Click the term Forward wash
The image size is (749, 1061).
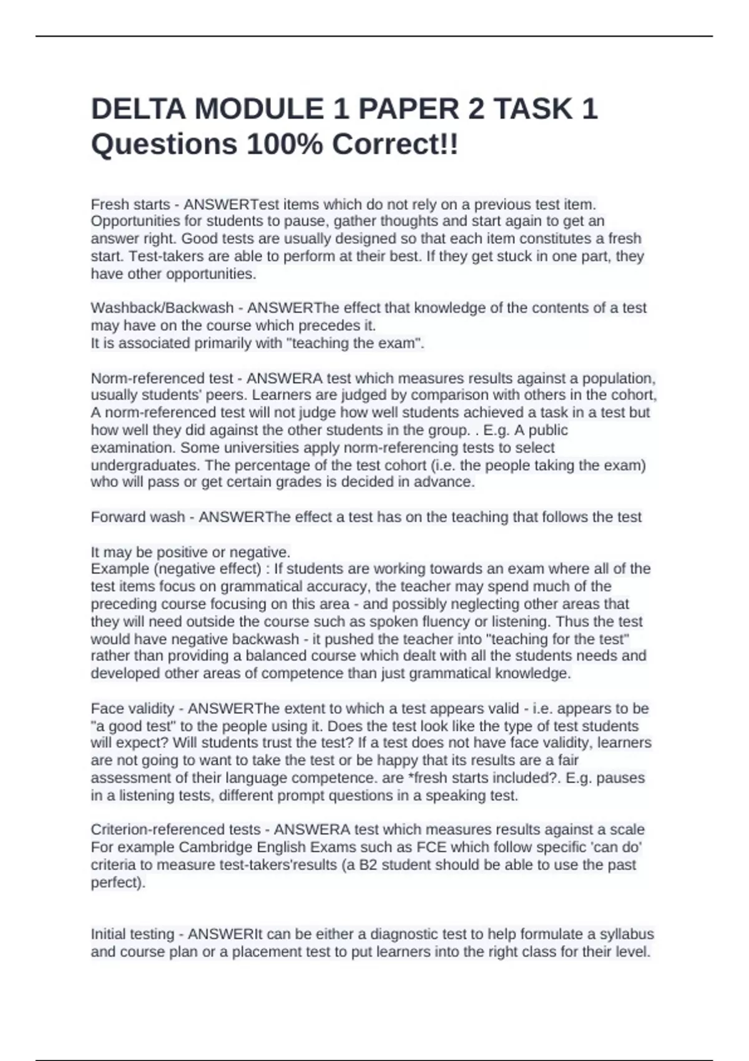(138, 517)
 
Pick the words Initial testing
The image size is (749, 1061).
(131, 934)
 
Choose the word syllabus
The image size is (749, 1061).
(627, 934)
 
